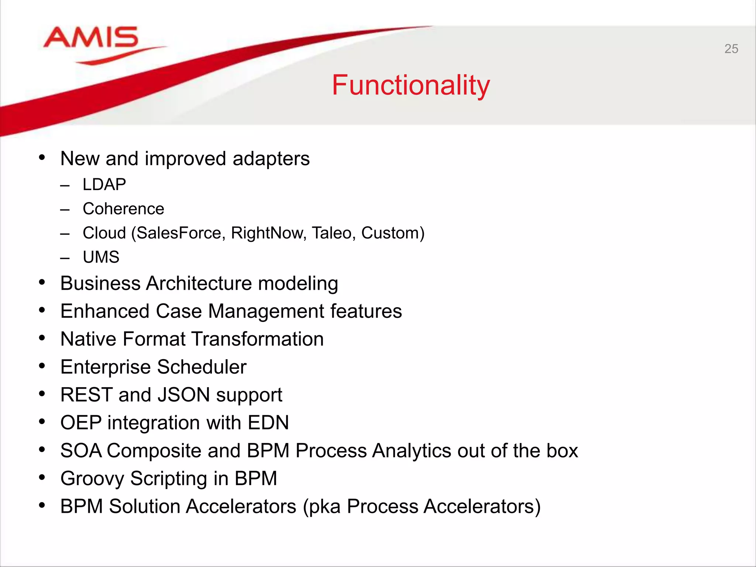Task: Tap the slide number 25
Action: pos(731,49)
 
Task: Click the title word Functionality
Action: pos(410,85)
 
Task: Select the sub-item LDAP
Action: pos(104,184)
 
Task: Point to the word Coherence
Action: pos(123,209)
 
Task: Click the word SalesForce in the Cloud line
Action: pos(179,233)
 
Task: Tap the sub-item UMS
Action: pos(101,257)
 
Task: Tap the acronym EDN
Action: pos(268,423)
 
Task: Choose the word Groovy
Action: pos(92,479)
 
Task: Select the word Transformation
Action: pos(257,339)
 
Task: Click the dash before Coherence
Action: pos(65,210)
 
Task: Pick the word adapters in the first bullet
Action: pos(271,159)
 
